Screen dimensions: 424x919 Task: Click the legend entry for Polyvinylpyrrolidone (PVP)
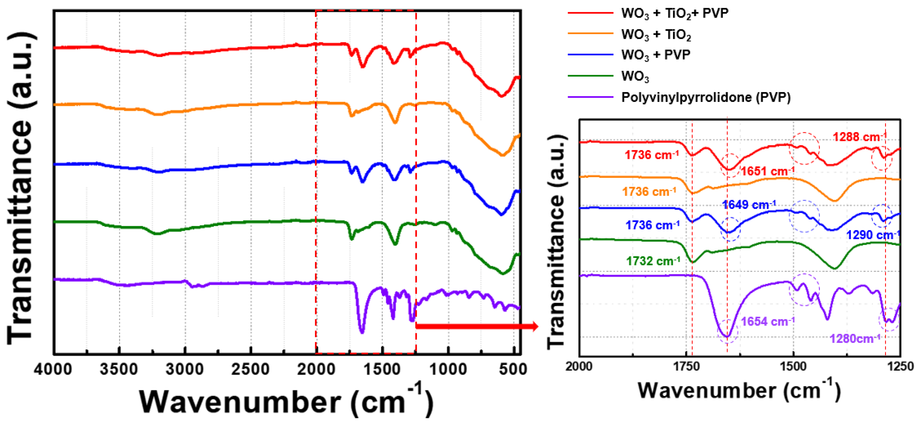click(x=706, y=97)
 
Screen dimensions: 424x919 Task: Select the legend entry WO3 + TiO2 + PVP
click(x=674, y=13)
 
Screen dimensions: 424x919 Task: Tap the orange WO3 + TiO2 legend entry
click(x=656, y=34)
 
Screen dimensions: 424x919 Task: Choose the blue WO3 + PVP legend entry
click(x=655, y=55)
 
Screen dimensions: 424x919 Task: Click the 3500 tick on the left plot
click(x=119, y=369)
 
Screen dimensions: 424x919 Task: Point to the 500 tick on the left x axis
click(x=513, y=369)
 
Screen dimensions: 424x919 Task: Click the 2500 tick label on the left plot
click(x=251, y=369)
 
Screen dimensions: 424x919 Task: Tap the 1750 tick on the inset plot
click(x=686, y=367)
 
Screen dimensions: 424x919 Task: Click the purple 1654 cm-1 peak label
click(x=767, y=321)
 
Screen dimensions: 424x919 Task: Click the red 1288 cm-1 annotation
click(x=859, y=137)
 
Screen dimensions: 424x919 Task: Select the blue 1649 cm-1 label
click(x=749, y=205)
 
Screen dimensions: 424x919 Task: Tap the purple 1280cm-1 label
click(x=855, y=338)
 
